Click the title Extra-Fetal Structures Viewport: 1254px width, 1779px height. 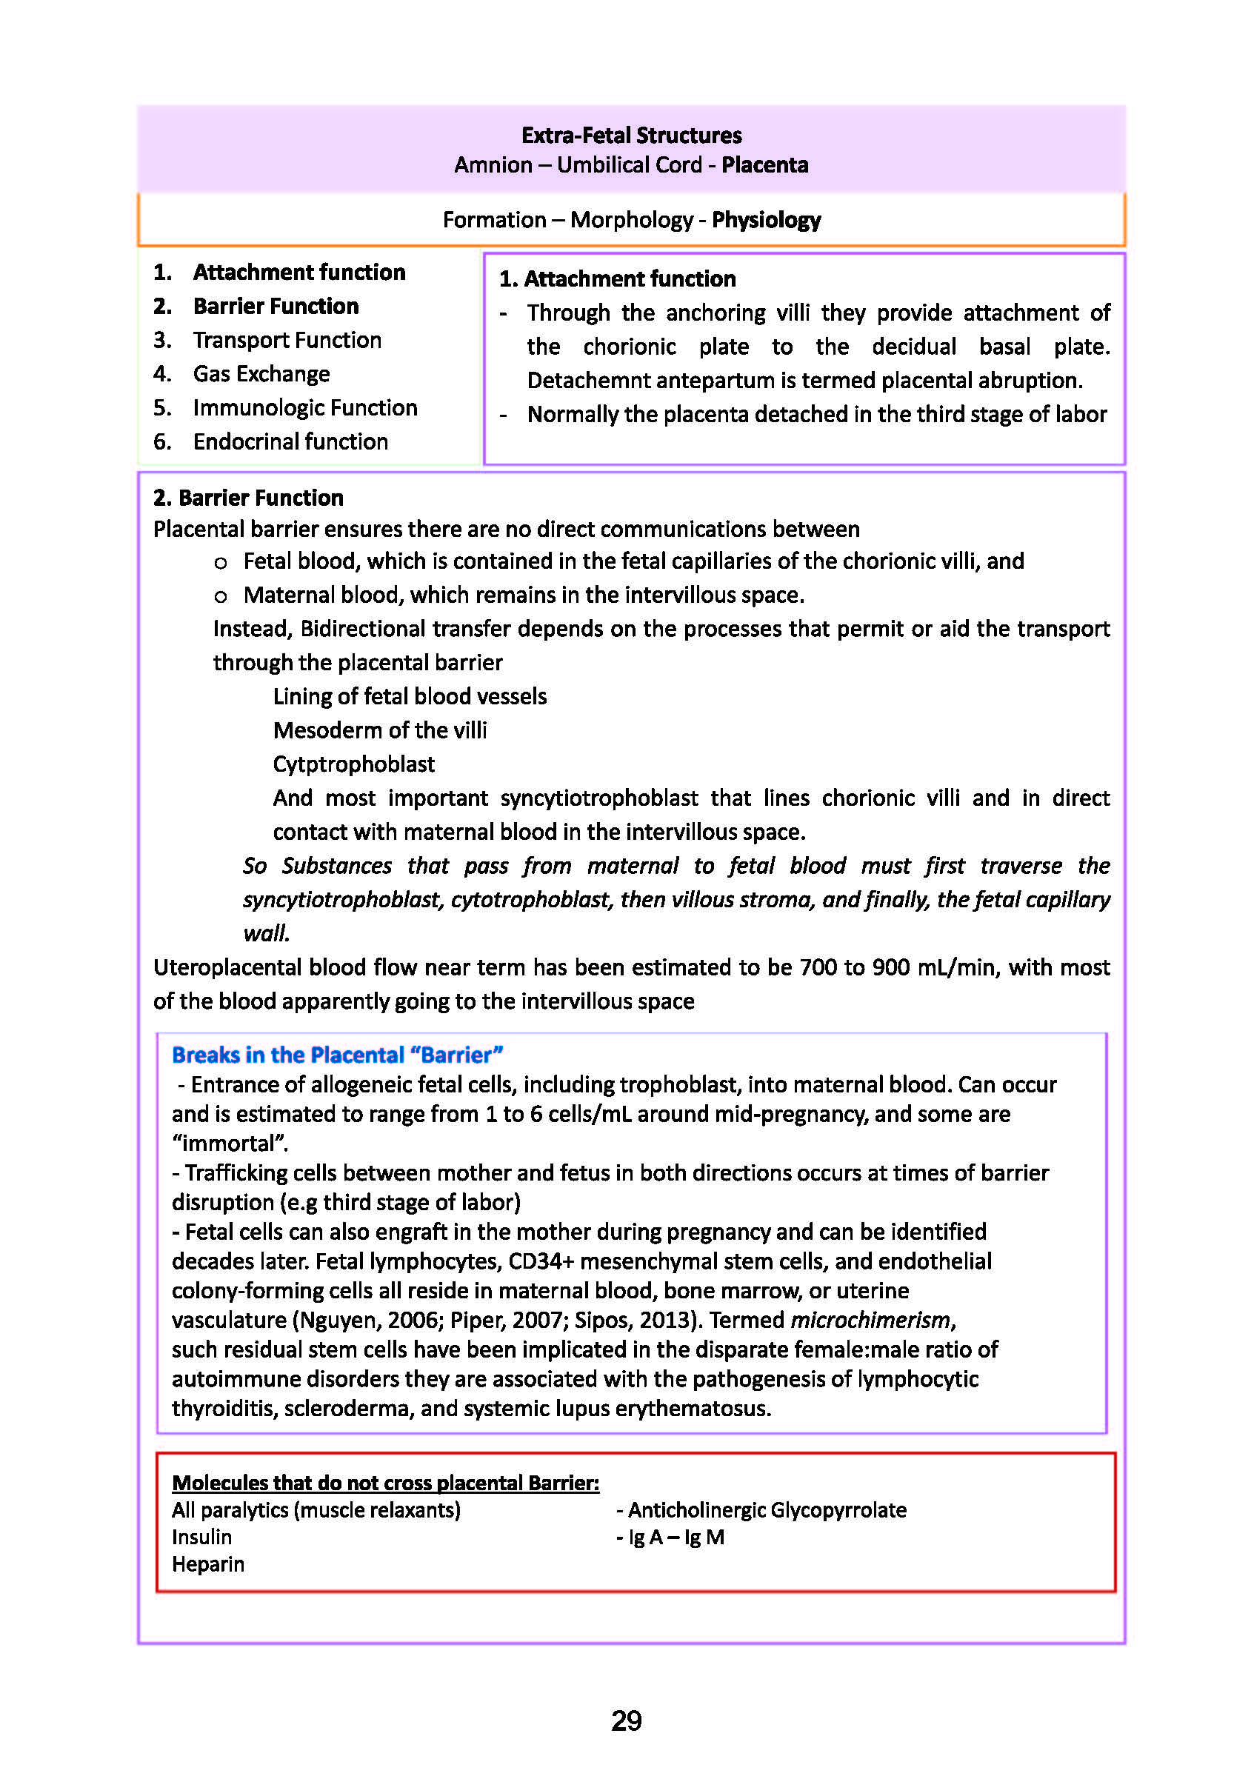(631, 136)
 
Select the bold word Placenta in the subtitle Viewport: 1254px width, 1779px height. (764, 165)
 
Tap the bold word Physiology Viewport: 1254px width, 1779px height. (766, 220)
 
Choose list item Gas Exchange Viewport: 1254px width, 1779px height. (261, 374)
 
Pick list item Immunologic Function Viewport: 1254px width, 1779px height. (304, 407)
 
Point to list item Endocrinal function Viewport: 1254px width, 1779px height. (290, 441)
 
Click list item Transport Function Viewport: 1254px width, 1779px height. (287, 340)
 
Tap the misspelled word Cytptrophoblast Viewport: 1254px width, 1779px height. (353, 764)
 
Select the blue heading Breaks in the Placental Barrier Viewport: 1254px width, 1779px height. (337, 1055)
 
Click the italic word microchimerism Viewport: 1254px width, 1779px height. (870, 1320)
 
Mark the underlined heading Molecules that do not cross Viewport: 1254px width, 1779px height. (385, 1482)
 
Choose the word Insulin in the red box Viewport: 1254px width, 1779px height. (201, 1537)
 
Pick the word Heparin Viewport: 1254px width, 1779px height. (207, 1563)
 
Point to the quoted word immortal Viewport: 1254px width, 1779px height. (229, 1144)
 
